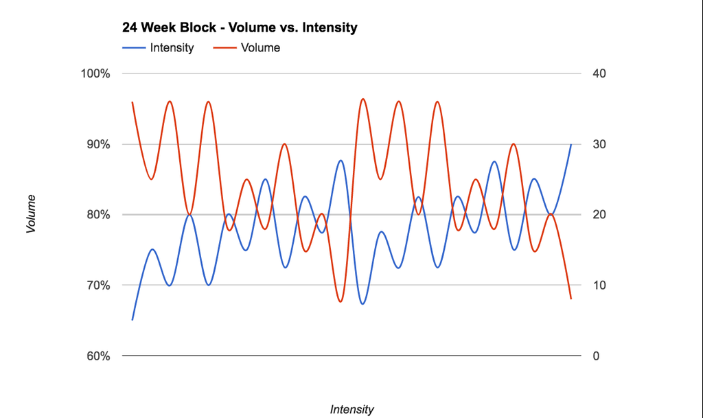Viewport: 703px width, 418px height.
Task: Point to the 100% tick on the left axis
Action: coord(95,74)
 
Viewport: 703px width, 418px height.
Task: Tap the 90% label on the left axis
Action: coord(97,145)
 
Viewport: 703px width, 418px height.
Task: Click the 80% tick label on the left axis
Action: coord(97,215)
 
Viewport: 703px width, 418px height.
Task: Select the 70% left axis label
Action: coord(97,286)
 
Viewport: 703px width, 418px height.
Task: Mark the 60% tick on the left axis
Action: coord(97,356)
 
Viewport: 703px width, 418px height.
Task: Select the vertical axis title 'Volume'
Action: coord(31,214)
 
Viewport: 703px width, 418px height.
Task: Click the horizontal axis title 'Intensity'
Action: coord(351,410)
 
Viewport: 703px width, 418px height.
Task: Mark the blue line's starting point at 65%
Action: coord(132,320)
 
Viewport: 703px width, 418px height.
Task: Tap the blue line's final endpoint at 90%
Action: coord(571,145)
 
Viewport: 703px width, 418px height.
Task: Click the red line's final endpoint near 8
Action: coord(571,299)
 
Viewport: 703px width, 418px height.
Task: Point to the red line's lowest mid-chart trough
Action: coord(341,302)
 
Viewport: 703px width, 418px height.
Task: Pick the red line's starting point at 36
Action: coord(132,102)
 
